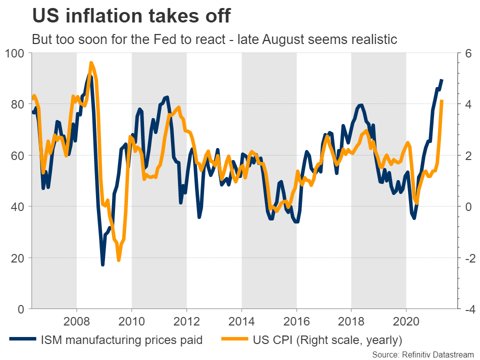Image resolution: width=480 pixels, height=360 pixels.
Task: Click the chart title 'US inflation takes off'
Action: [131, 15]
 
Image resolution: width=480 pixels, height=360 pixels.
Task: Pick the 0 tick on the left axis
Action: [21, 309]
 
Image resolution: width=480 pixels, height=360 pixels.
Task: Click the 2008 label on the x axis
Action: [76, 320]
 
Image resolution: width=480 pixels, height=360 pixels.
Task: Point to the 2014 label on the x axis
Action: [241, 320]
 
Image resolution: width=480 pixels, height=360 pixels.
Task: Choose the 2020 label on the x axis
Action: [406, 320]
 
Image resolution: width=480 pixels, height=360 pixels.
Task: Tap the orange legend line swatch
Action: [235, 340]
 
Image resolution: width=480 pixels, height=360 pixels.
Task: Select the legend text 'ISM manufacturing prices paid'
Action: [121, 340]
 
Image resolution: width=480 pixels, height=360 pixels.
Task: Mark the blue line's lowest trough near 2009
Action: [102, 264]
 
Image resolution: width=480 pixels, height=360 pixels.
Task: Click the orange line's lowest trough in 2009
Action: [118, 260]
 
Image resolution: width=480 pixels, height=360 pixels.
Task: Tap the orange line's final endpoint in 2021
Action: [441, 101]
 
